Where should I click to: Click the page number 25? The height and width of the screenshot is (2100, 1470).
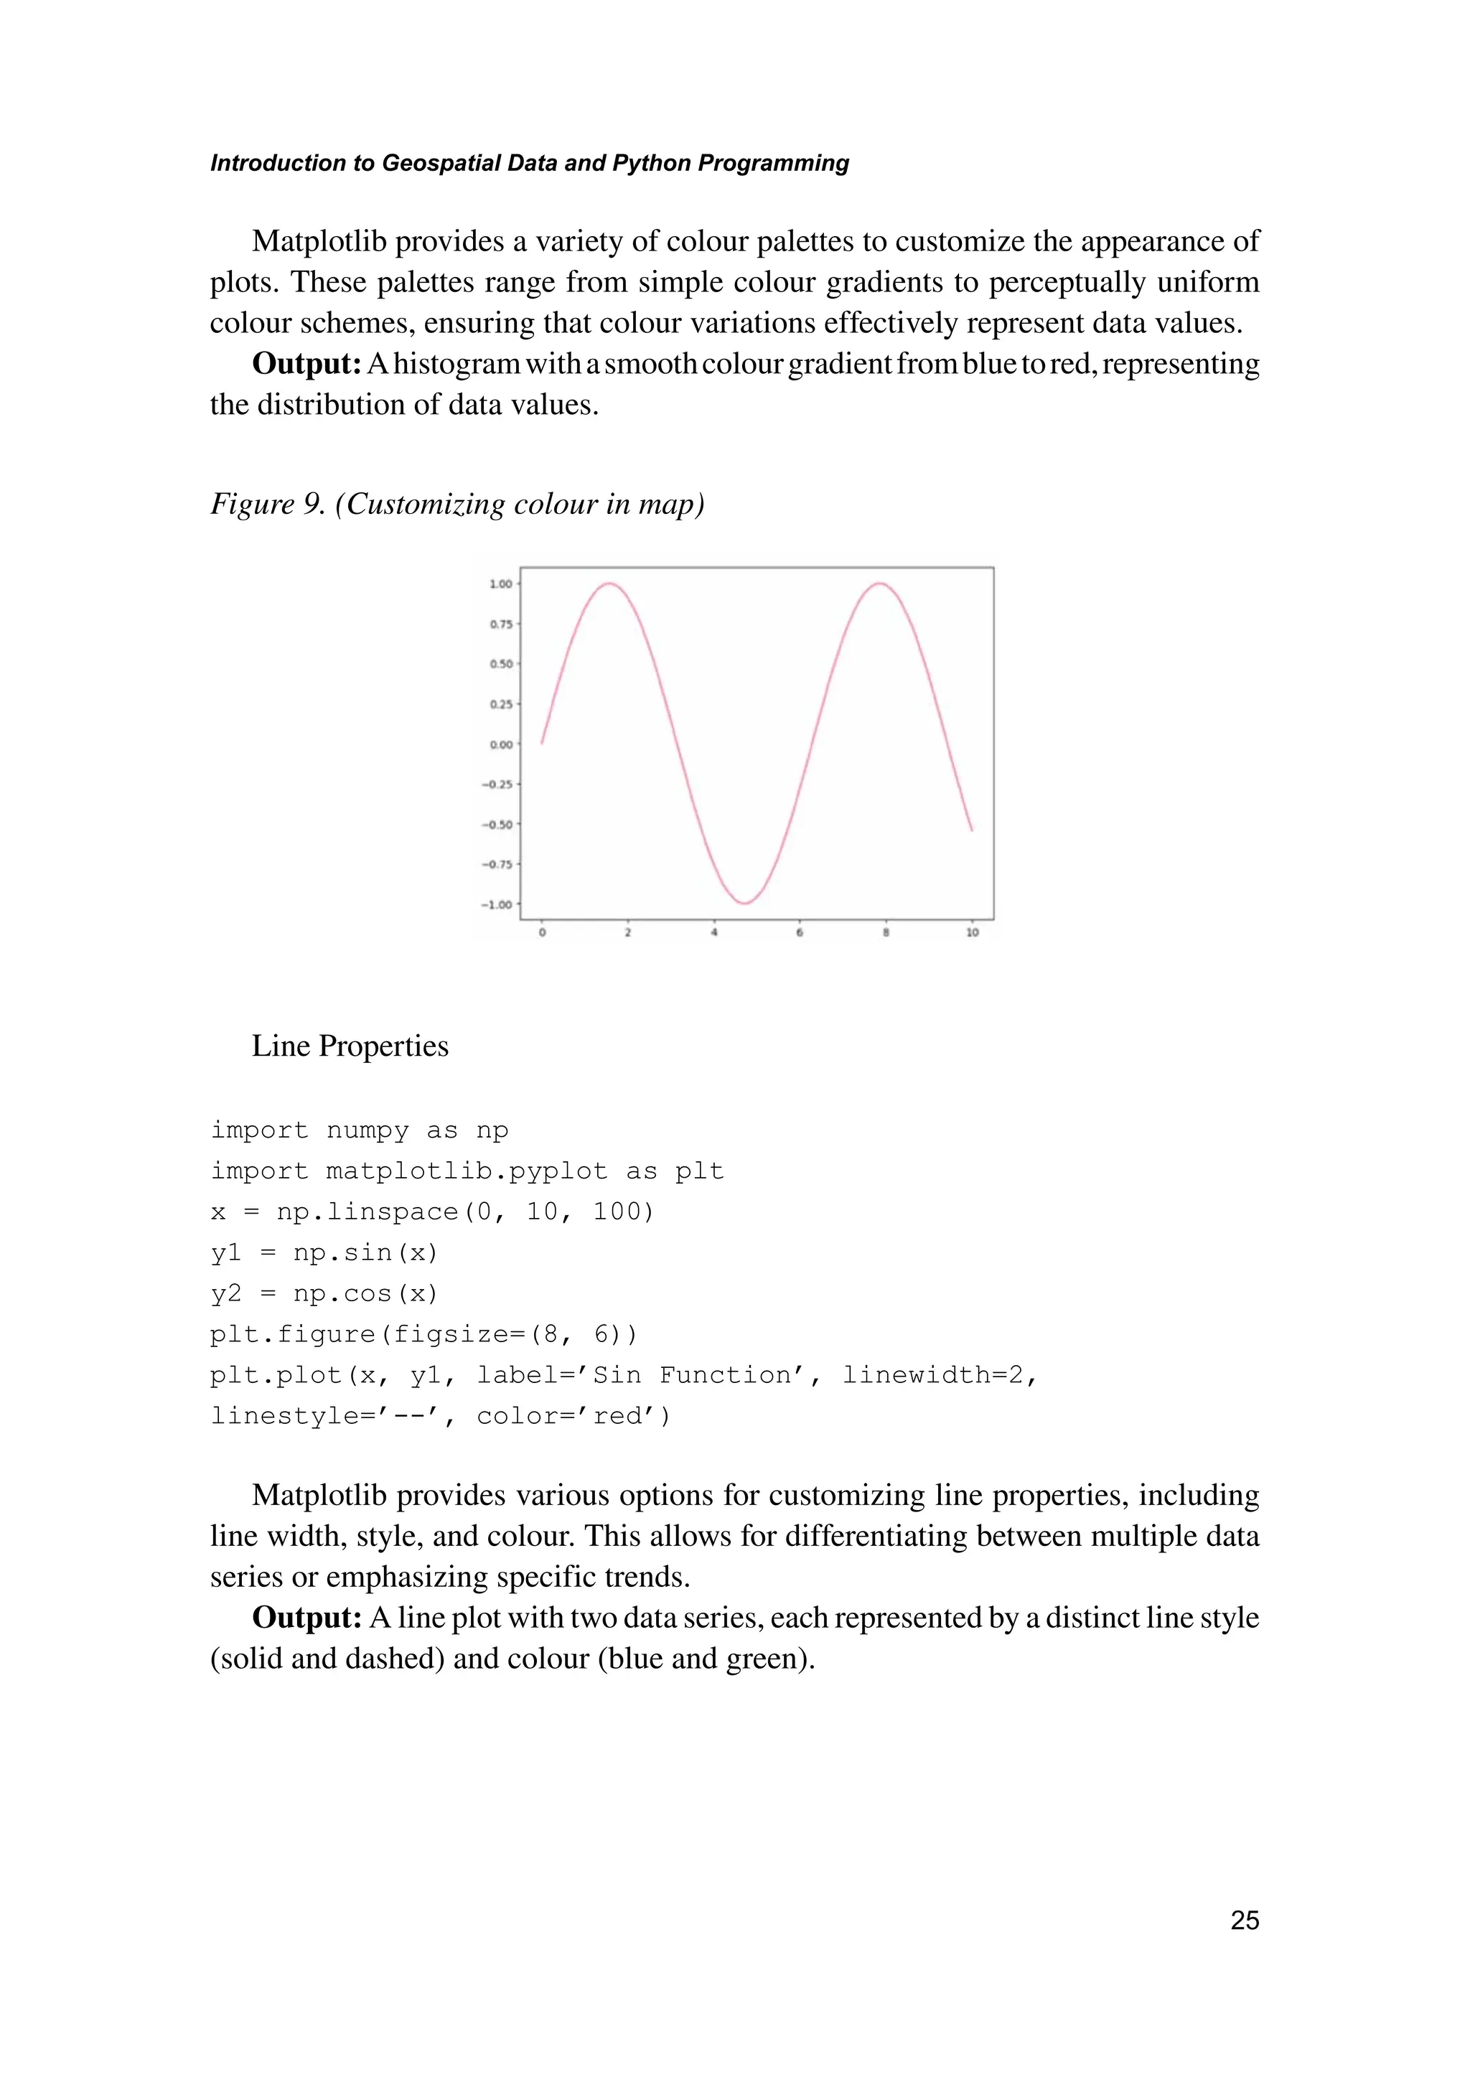1244,1921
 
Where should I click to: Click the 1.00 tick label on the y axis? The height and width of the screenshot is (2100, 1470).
500,583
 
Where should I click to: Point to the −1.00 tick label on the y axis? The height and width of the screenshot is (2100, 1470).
497,904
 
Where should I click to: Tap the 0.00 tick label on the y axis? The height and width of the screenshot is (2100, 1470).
500,744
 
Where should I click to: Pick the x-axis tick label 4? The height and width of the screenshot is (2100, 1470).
713,933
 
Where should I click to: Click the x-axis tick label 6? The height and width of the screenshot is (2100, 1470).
800,933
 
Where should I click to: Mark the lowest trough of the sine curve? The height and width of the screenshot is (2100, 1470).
746,904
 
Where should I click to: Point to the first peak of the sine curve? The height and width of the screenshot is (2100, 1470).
609,583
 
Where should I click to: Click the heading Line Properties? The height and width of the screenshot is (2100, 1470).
350,1046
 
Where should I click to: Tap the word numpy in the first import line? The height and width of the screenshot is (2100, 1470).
367,1131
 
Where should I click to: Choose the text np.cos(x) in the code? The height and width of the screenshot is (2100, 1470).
366,1294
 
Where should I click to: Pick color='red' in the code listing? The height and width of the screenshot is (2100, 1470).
574,1417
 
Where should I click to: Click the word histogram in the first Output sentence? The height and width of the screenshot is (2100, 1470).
457,364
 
